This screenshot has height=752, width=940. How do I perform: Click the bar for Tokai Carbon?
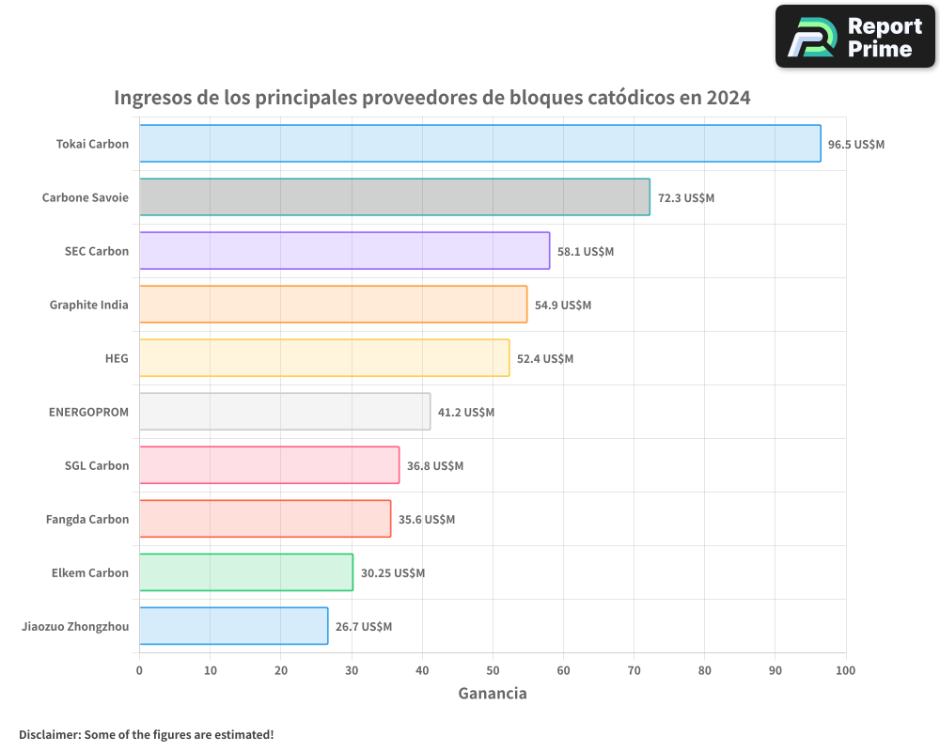coord(479,144)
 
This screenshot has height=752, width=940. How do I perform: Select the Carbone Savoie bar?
coord(395,197)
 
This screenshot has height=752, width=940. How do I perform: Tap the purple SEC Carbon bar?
coord(344,251)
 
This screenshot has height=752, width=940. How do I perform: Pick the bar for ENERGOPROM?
coord(285,412)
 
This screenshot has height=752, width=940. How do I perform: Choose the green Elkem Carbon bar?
coord(246,572)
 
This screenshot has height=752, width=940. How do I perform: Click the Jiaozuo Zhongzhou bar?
coord(233,626)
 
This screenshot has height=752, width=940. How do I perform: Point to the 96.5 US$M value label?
coord(856,145)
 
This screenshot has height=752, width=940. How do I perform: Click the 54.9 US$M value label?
coord(563,305)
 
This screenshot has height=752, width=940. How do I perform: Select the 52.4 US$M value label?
coord(545,359)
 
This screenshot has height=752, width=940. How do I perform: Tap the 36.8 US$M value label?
coord(435,466)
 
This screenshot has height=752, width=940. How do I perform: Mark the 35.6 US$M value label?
coord(427,520)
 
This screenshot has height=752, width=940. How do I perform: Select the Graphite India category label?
coord(89,305)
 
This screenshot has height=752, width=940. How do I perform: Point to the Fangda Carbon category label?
coord(87,519)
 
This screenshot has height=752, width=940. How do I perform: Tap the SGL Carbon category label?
coord(97,465)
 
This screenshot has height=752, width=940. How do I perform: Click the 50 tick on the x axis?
coord(493,670)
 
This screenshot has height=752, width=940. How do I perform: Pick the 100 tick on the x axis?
coord(845,670)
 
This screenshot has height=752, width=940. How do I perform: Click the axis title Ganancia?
coord(493,694)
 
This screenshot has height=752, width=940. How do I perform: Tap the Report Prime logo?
coord(854,37)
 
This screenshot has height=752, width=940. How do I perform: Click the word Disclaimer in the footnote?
coord(49,734)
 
